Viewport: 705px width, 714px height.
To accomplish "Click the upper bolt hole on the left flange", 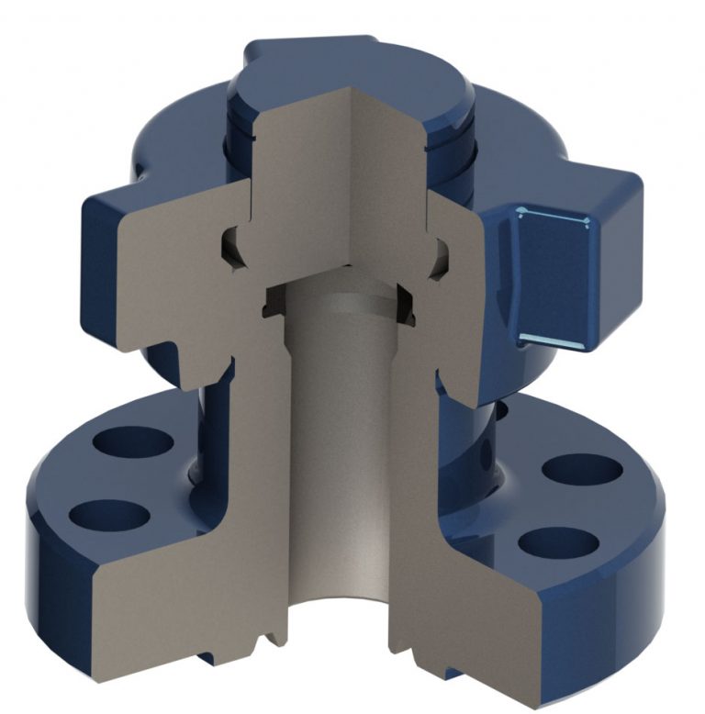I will tap(131, 441).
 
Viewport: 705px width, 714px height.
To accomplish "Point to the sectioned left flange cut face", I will tap(184, 587).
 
